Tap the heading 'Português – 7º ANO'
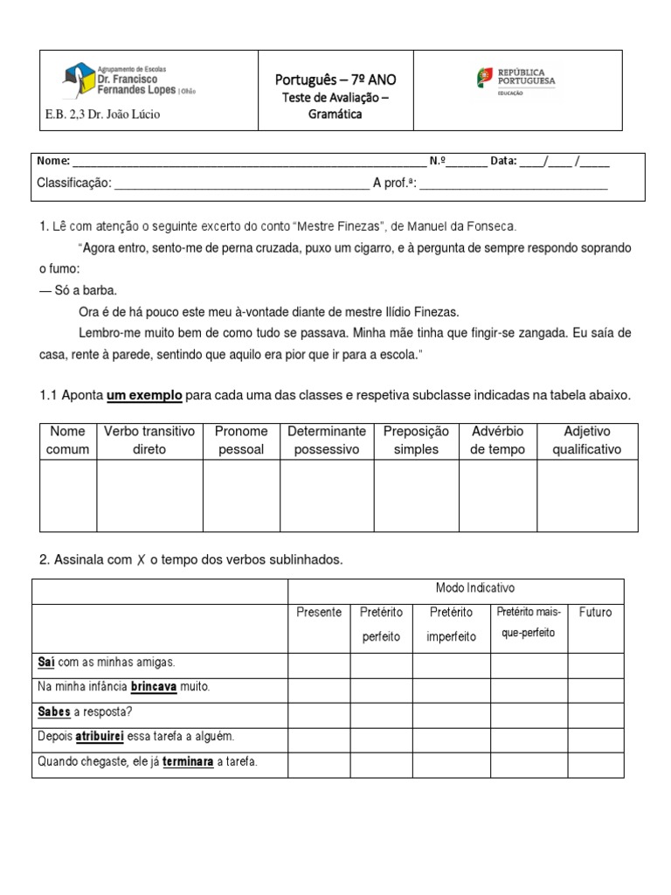(335, 80)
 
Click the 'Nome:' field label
(52, 162)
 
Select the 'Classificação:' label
(74, 183)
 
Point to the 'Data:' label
(503, 162)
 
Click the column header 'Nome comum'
(68, 441)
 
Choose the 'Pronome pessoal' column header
(241, 441)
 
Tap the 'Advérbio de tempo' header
(497, 441)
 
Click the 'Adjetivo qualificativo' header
(587, 441)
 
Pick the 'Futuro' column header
(595, 612)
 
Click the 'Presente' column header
(319, 612)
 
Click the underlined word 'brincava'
(154, 687)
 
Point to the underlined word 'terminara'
(188, 761)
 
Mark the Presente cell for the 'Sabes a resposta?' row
(319, 712)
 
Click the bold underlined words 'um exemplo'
(144, 396)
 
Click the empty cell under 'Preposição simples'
(416, 496)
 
